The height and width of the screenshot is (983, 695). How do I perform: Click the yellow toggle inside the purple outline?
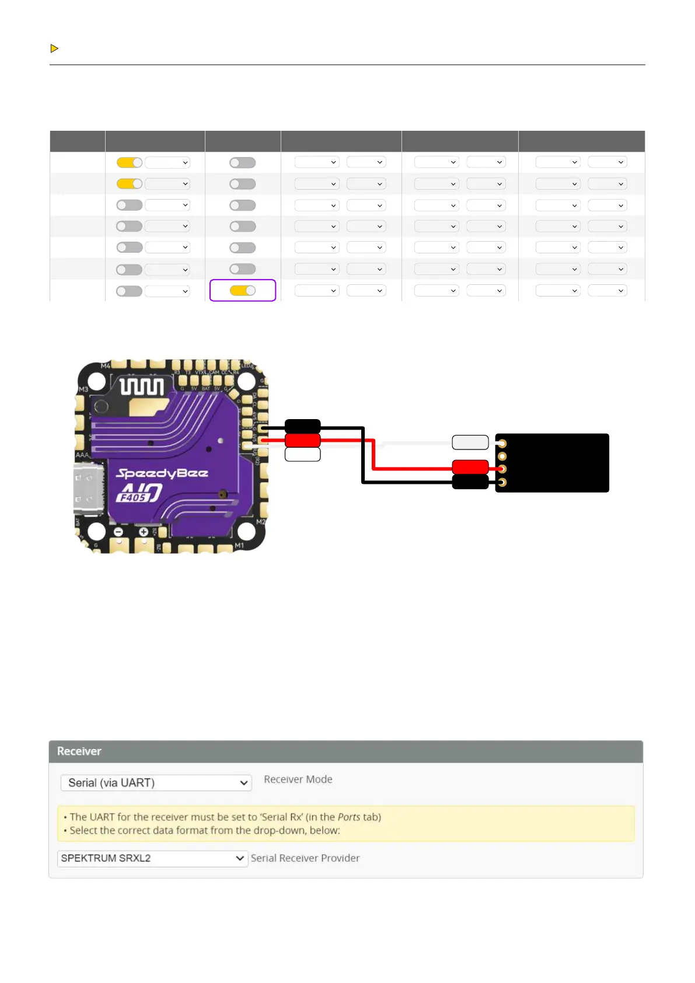click(x=243, y=291)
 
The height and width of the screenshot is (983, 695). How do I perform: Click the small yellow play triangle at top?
click(x=54, y=48)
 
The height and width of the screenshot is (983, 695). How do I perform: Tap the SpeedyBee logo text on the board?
click(x=162, y=473)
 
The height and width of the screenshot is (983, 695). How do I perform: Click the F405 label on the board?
click(x=133, y=497)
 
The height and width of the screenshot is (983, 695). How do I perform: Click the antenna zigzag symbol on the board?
click(x=141, y=386)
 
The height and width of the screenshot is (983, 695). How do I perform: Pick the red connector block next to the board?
click(x=302, y=440)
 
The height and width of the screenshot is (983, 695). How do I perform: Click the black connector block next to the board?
click(x=302, y=426)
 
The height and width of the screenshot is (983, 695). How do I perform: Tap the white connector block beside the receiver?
click(x=470, y=442)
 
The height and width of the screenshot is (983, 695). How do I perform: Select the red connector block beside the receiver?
click(x=470, y=467)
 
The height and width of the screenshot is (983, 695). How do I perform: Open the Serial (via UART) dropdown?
click(x=156, y=783)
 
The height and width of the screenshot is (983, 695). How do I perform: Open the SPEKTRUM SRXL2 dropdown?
click(x=152, y=858)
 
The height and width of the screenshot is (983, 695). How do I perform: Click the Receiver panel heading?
click(x=79, y=751)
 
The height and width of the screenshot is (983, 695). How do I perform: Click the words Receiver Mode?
click(x=298, y=779)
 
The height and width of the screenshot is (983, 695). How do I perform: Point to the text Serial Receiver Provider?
click(x=305, y=858)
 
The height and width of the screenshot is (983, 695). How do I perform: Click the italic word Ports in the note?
click(x=348, y=817)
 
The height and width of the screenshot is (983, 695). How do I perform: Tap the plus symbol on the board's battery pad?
click(x=144, y=532)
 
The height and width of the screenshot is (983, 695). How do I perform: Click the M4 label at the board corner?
click(x=106, y=366)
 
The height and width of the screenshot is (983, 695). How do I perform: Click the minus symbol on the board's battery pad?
click(x=118, y=532)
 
